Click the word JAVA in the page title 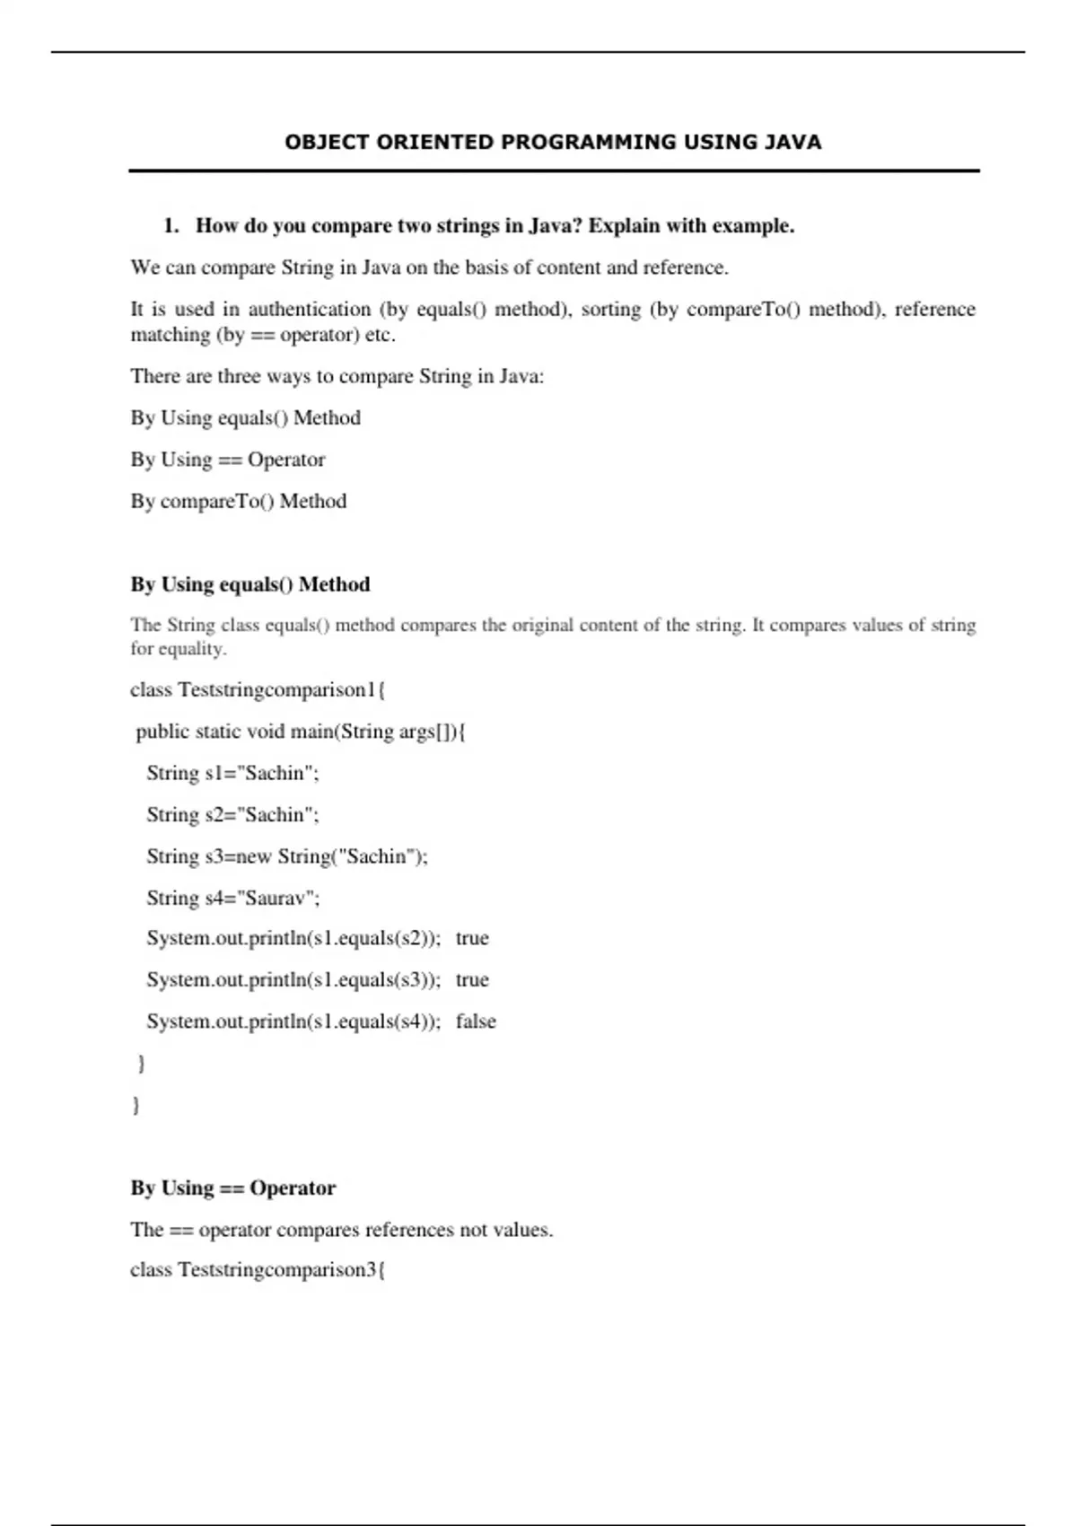click(x=792, y=142)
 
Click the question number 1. click(x=171, y=225)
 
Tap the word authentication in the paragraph click(x=309, y=309)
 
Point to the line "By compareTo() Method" click(x=238, y=501)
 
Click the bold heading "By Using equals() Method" click(x=250, y=584)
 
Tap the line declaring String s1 click(x=232, y=773)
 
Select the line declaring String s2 click(x=232, y=814)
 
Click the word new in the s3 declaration click(x=253, y=856)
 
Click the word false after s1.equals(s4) click(x=476, y=1022)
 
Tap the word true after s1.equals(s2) click(x=472, y=938)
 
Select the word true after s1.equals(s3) click(x=472, y=979)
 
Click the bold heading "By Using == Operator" click(x=232, y=1188)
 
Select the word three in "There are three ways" click(x=238, y=376)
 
